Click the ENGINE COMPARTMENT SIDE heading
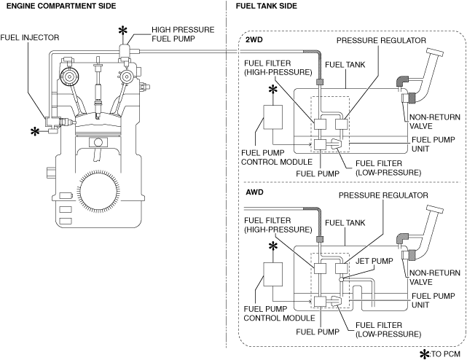pyautogui.click(x=61, y=6)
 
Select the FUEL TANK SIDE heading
pyautogui.click(x=266, y=6)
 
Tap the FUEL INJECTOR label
pyautogui.click(x=30, y=38)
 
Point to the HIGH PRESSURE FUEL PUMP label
pyautogui.click(x=183, y=34)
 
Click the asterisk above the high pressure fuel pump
pyautogui.click(x=122, y=31)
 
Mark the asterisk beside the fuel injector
pyautogui.click(x=35, y=131)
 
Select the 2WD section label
pyautogui.click(x=254, y=39)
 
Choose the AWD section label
pyautogui.click(x=255, y=192)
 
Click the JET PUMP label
pyautogui.click(x=374, y=261)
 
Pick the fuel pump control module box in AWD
pyautogui.click(x=272, y=274)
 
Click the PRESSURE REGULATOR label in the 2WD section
pyautogui.click(x=381, y=41)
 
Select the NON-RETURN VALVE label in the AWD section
pyautogui.click(x=435, y=278)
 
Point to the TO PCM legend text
pyautogui.click(x=446, y=354)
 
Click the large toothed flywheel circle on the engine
pyautogui.click(x=98, y=190)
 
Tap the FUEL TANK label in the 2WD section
pyautogui.click(x=345, y=65)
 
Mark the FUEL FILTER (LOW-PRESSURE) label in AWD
pyautogui.click(x=388, y=329)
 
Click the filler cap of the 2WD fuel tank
pyautogui.click(x=435, y=52)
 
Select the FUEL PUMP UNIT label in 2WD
pyautogui.click(x=433, y=144)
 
